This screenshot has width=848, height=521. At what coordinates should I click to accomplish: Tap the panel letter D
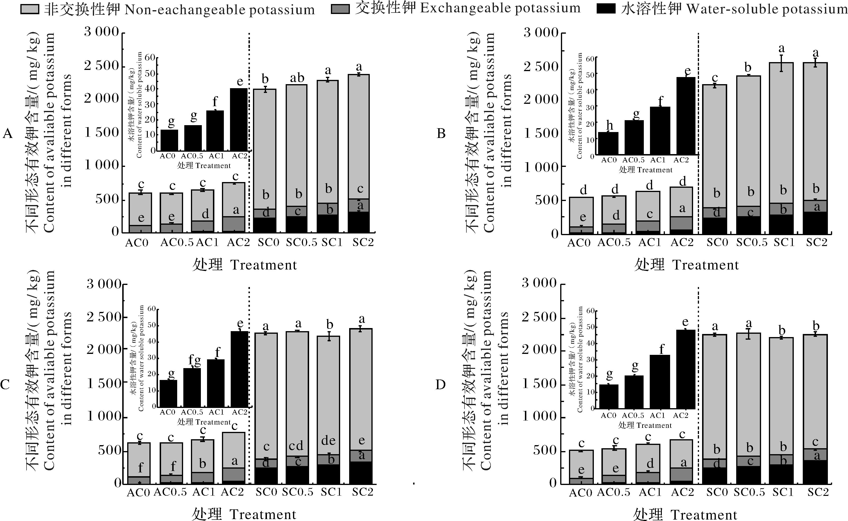(441, 384)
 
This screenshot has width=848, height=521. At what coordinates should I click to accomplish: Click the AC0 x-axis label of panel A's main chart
(137, 243)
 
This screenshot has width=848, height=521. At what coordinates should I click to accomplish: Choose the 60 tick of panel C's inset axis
(152, 309)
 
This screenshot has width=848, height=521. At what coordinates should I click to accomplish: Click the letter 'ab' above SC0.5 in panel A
(297, 78)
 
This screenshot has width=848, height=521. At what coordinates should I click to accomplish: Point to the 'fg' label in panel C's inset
(194, 361)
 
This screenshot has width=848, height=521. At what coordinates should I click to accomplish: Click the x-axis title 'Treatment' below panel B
(705, 265)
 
